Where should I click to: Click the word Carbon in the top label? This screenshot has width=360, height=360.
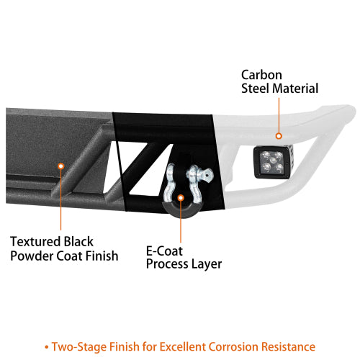click(261, 75)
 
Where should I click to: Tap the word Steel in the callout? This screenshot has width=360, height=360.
click(253, 89)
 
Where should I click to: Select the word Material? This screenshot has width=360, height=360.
click(293, 89)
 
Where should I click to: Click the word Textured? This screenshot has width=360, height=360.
click(35, 241)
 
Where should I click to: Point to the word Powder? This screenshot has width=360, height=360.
click(32, 256)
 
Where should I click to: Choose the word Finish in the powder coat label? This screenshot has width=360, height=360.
click(102, 256)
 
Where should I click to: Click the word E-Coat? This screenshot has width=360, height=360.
click(164, 251)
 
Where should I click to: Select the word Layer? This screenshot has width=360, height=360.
click(207, 264)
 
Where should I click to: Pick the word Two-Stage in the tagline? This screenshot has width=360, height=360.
click(79, 346)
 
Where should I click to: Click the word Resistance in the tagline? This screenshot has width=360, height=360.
click(288, 346)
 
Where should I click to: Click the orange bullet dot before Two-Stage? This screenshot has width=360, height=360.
click(47, 347)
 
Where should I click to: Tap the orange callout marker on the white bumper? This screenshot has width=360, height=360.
click(279, 136)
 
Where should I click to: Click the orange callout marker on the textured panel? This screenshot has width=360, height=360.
click(61, 166)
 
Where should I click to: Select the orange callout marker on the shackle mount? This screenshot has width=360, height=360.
click(181, 198)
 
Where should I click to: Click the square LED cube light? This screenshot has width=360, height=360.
click(274, 162)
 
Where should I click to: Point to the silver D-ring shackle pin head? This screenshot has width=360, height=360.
click(207, 174)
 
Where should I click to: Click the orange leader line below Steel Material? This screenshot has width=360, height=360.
click(279, 115)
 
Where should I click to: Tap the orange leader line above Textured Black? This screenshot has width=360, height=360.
click(61, 199)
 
